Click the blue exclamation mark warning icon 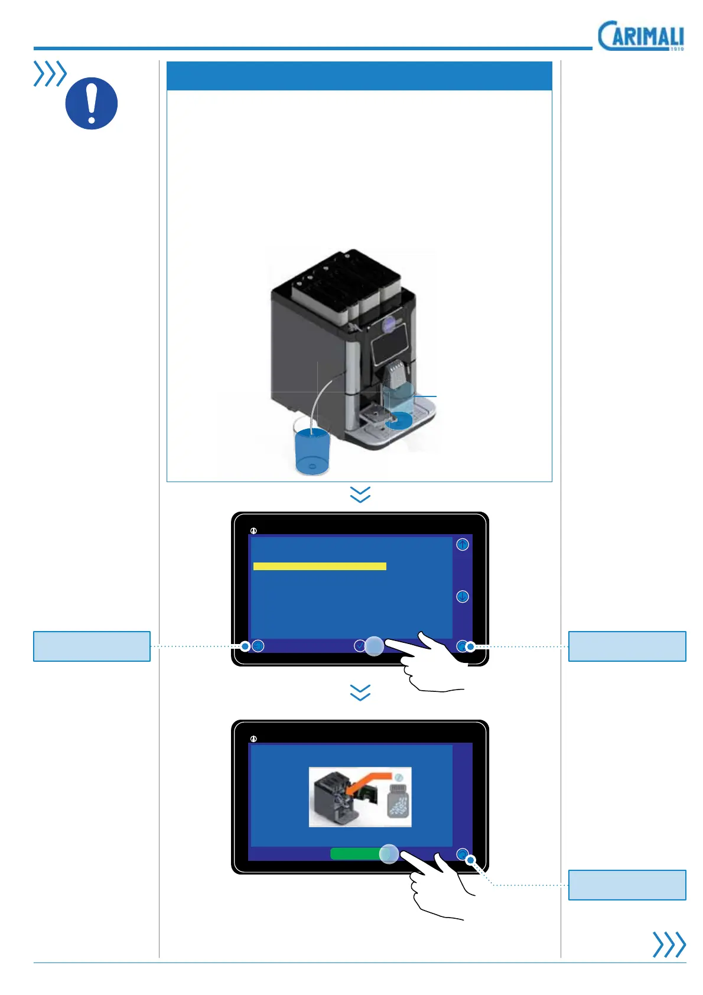pyautogui.click(x=91, y=103)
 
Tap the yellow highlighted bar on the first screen pyautogui.click(x=320, y=566)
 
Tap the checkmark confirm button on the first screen pyautogui.click(x=359, y=646)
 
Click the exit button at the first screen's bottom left pyautogui.click(x=258, y=646)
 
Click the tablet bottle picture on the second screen pyautogui.click(x=398, y=801)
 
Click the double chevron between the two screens pyautogui.click(x=360, y=692)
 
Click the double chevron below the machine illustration pyautogui.click(x=360, y=494)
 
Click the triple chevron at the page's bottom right pyautogui.click(x=669, y=944)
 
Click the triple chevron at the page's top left pyautogui.click(x=50, y=74)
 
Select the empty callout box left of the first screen pyautogui.click(x=92, y=646)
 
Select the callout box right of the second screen pyautogui.click(x=627, y=885)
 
